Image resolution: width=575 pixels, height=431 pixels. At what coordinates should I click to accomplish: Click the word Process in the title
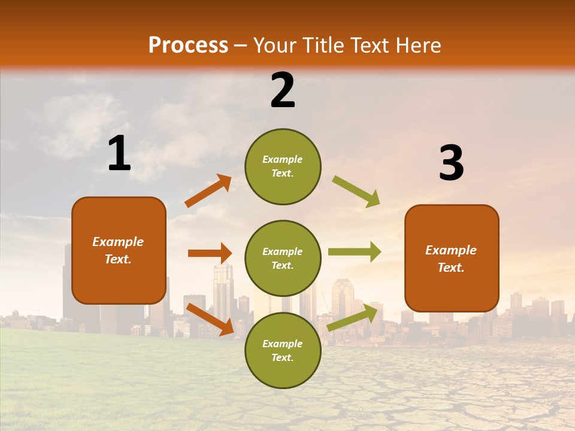click(x=188, y=45)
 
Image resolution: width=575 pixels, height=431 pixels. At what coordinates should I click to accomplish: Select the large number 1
click(x=119, y=154)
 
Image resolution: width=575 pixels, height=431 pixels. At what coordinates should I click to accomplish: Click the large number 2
click(x=283, y=90)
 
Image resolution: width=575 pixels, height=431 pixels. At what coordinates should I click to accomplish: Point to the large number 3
click(x=451, y=163)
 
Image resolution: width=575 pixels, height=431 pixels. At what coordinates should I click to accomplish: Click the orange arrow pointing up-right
click(x=208, y=191)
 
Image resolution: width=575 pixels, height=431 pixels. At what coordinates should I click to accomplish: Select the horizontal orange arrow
click(x=210, y=253)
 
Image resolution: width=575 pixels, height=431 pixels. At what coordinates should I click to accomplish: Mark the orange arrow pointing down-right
click(x=210, y=318)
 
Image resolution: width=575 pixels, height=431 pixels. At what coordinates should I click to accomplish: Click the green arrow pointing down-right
click(x=356, y=191)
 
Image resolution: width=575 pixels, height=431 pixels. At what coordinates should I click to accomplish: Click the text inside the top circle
click(x=283, y=166)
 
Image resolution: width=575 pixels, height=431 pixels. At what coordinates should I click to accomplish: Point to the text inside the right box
click(x=451, y=259)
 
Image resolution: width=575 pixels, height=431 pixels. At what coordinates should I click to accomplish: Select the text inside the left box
click(x=118, y=250)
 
